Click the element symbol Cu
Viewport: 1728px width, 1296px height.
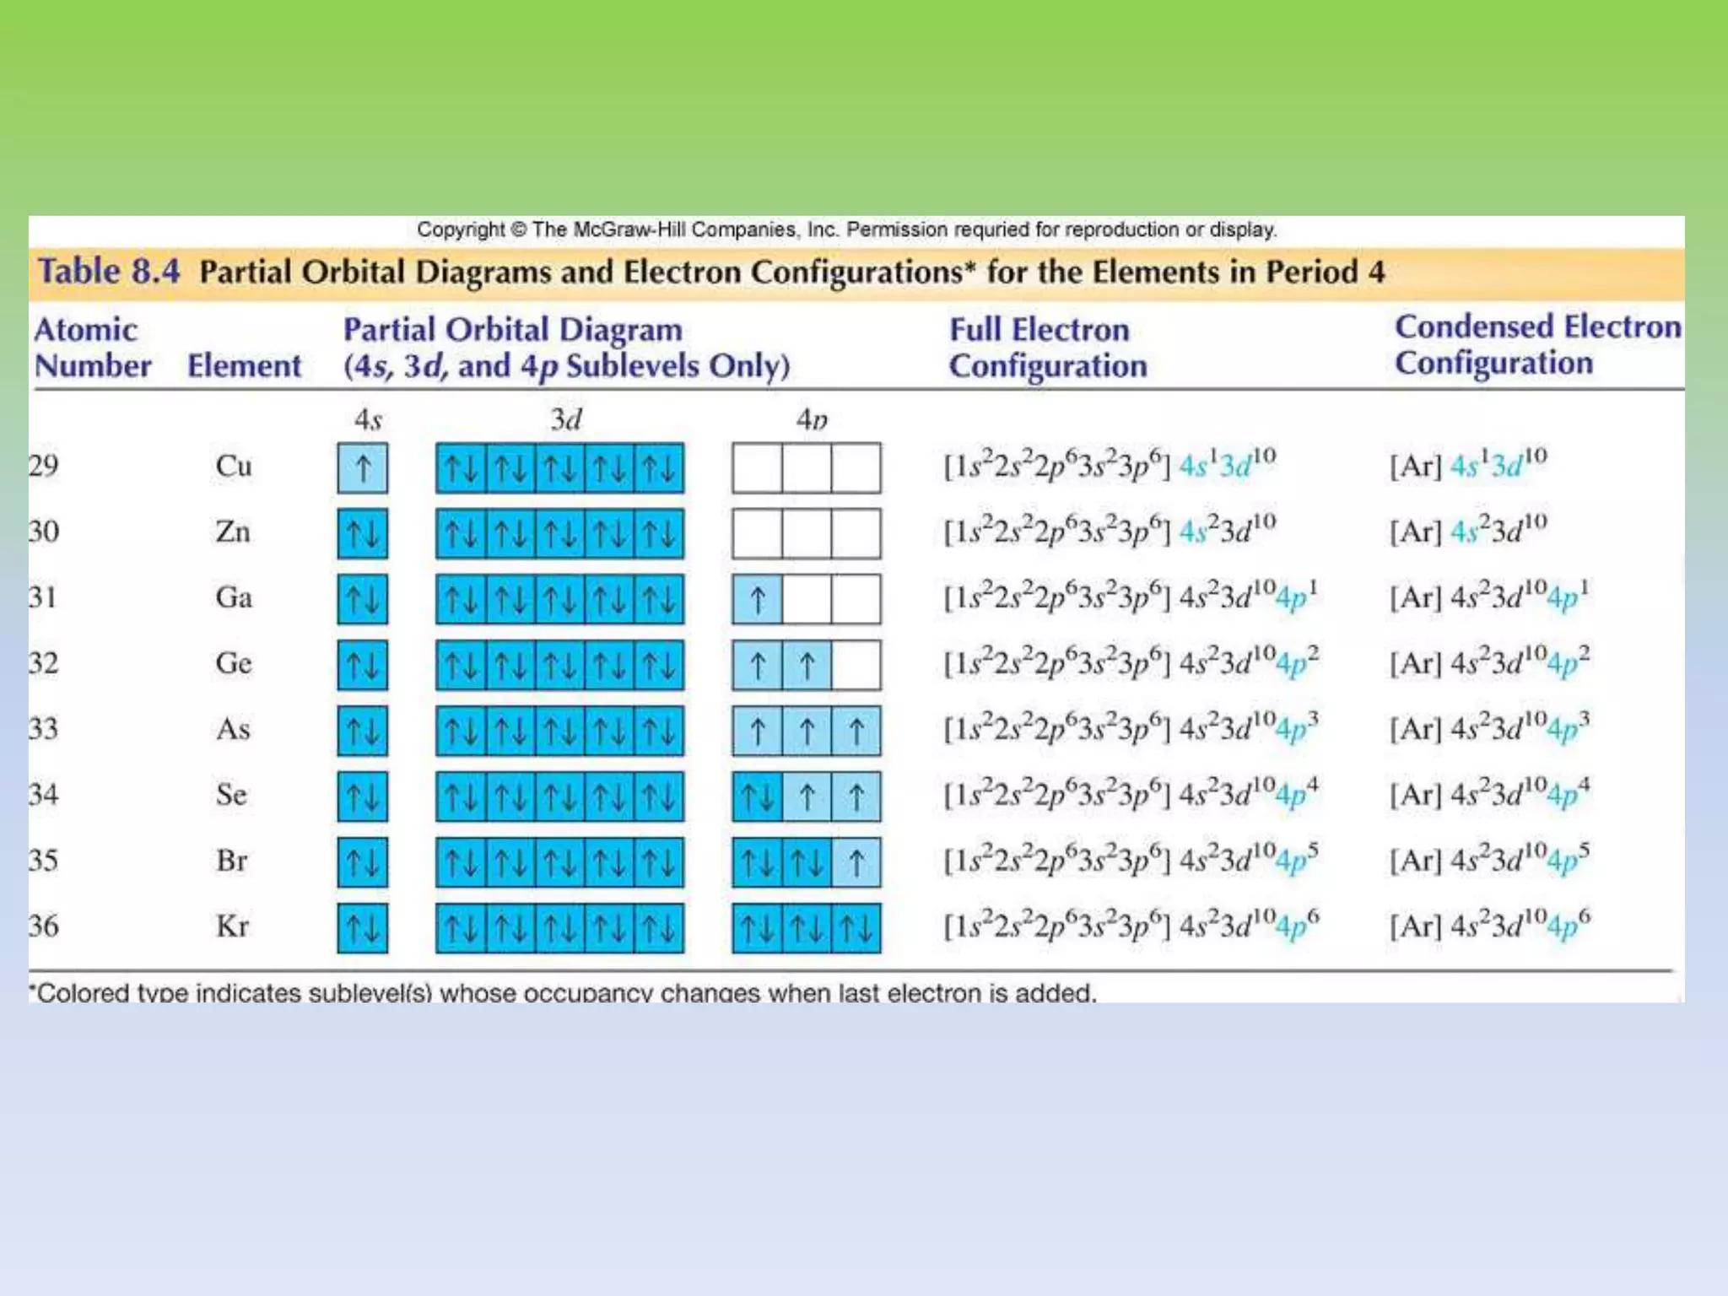tap(233, 466)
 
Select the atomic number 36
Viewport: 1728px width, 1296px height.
tap(44, 926)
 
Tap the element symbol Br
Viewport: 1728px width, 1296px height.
tap(231, 861)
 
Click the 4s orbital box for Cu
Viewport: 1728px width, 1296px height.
tap(363, 467)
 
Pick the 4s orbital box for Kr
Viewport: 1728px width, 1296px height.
tap(363, 928)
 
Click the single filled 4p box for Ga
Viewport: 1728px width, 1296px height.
tap(757, 599)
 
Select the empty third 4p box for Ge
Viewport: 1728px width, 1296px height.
tap(856, 665)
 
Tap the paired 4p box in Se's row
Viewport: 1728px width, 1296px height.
tap(757, 796)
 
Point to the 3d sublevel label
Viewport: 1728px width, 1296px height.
tap(565, 419)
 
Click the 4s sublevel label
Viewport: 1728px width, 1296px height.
tap(368, 419)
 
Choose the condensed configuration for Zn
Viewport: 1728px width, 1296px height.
tap(1468, 530)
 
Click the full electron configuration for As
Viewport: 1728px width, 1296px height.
tap(1131, 729)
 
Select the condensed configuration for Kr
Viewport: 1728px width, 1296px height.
tap(1489, 925)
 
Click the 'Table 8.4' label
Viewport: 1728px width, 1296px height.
tap(109, 272)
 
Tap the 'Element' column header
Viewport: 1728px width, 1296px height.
tap(244, 366)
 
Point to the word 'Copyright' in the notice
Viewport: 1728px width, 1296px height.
tap(460, 229)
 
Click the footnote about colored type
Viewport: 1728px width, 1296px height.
tap(564, 992)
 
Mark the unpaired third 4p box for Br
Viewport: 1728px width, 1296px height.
tap(856, 862)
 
